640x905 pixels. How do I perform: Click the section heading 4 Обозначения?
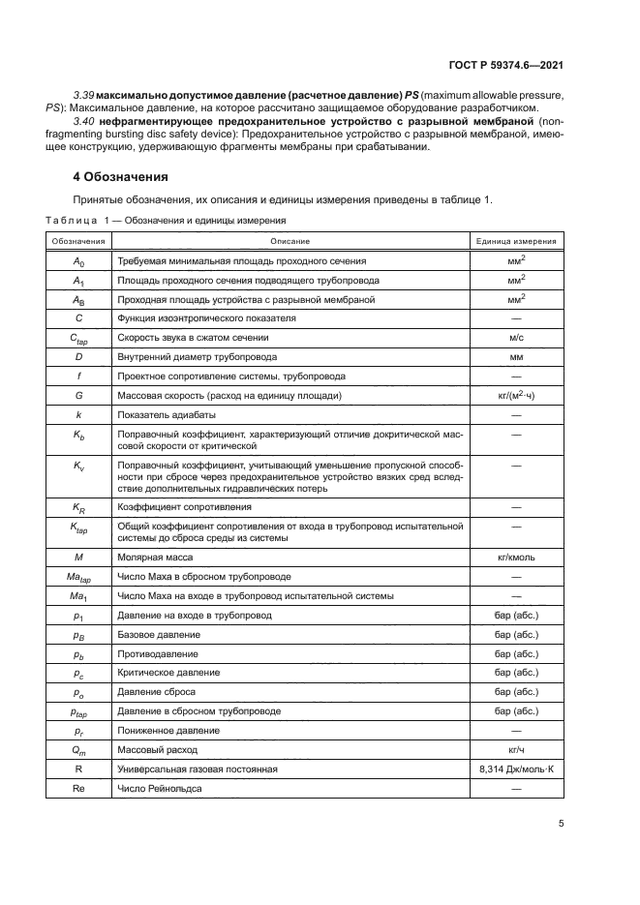122,177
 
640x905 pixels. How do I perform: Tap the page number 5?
562,824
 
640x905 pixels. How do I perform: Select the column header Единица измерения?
515,240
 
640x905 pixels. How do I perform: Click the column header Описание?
290,240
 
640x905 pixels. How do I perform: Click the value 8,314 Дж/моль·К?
515,769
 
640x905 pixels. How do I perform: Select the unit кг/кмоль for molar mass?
515,558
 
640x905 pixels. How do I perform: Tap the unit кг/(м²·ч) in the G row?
515,396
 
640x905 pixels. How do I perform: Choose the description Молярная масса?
155,558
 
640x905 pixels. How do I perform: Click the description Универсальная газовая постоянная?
198,769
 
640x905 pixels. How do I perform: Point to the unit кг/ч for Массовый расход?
515,749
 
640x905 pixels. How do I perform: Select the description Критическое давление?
168,672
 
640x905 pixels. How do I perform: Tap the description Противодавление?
157,652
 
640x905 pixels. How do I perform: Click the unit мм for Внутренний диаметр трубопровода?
515,356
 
